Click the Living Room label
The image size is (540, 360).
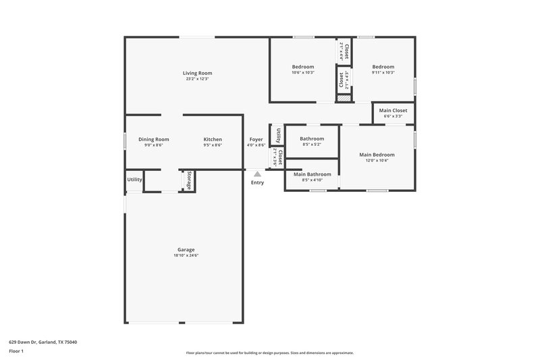(x=197, y=73)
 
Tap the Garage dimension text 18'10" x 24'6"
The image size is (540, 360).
(x=186, y=255)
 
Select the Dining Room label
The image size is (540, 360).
(x=153, y=139)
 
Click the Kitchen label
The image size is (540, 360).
(x=213, y=139)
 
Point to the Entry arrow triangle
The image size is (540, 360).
(x=257, y=174)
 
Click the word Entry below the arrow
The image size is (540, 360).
(x=257, y=182)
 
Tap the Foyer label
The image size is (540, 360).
(x=256, y=139)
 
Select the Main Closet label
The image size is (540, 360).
(x=393, y=110)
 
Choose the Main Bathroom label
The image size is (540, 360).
(x=311, y=174)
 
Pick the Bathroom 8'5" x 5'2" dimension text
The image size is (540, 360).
(x=311, y=145)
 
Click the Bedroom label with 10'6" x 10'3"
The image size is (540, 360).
(x=303, y=67)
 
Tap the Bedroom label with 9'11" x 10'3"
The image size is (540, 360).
(x=383, y=67)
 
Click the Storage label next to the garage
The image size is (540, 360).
(x=189, y=180)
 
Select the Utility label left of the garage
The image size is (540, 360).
(x=134, y=180)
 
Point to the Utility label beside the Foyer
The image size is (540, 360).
(x=277, y=135)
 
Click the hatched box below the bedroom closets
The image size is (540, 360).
(x=344, y=99)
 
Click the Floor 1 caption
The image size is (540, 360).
(x=16, y=351)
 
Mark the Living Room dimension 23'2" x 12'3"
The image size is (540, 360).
(x=197, y=79)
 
